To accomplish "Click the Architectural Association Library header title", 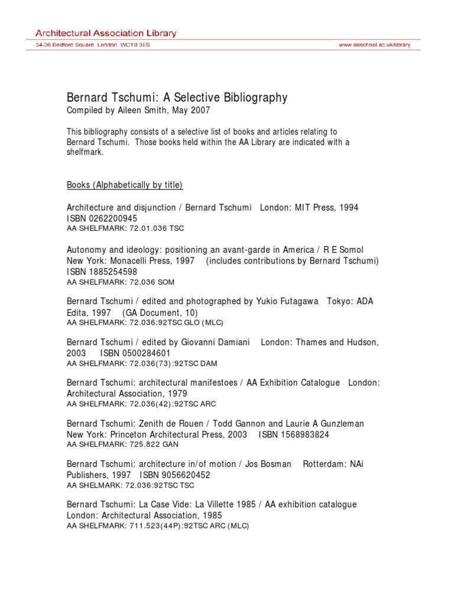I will coord(106,33).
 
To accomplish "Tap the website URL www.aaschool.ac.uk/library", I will coord(374,45).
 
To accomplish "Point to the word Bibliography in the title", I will coord(251,98).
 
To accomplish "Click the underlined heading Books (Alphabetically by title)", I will coord(125,185).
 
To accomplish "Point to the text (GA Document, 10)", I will coord(160,312).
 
